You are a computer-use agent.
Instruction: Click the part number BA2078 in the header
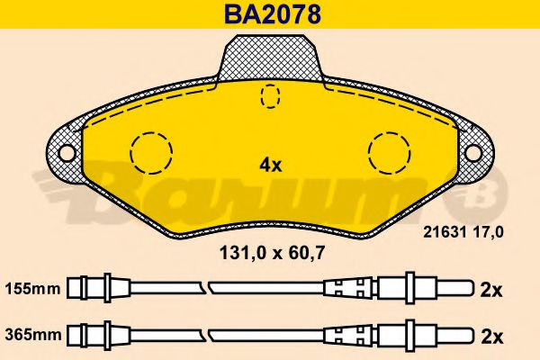(x=270, y=14)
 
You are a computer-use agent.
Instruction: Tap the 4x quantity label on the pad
(x=271, y=165)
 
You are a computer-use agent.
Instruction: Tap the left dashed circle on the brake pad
(x=151, y=152)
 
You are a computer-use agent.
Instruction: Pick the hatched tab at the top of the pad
(x=270, y=58)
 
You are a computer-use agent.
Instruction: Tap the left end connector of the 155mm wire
(x=94, y=289)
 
